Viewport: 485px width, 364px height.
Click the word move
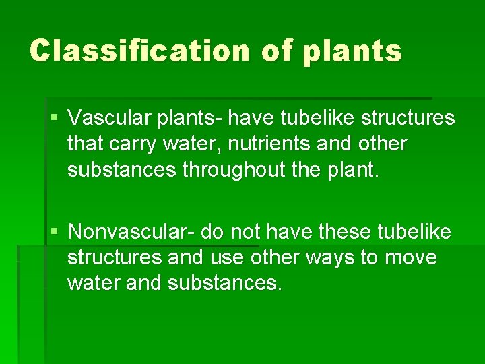pos(412,257)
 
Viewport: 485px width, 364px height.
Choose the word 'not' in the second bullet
pos(247,232)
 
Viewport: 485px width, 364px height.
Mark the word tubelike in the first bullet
pos(319,119)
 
